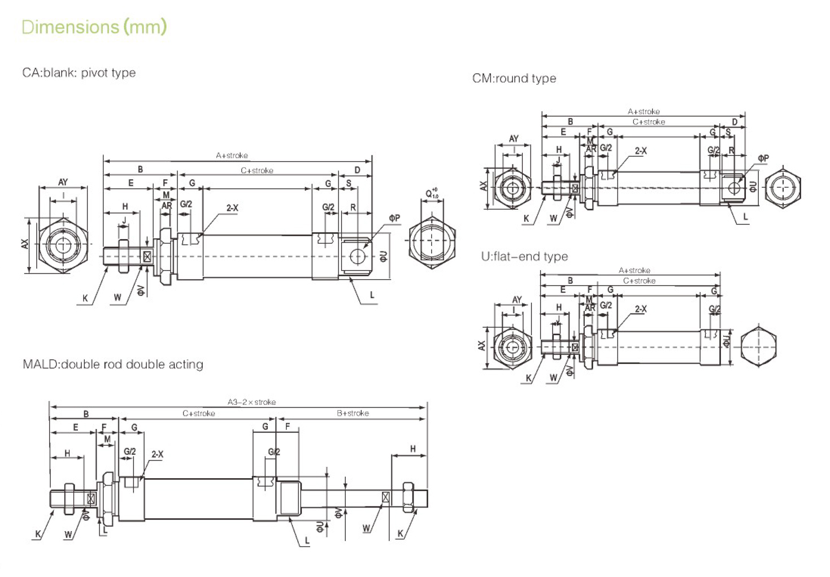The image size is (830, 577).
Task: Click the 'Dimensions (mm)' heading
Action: point(94,27)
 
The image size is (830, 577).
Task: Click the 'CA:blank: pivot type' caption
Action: point(79,73)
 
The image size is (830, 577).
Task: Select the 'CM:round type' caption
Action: point(514,79)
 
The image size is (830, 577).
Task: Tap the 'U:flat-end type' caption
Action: point(524,257)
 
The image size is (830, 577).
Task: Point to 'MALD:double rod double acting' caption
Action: point(112,365)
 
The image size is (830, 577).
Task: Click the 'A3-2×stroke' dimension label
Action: point(251,402)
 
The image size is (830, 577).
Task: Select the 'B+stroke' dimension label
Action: point(353,413)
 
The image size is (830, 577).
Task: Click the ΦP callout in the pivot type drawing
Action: point(394,218)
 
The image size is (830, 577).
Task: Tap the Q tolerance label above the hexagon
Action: point(432,194)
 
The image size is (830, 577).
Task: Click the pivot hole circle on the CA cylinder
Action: point(357,256)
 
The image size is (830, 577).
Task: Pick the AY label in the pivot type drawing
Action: point(63,182)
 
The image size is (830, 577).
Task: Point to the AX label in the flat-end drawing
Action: point(481,345)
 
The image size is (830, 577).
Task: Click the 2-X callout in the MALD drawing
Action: point(157,454)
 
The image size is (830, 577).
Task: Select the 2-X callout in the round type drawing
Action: point(641,151)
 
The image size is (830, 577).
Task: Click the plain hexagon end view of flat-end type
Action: point(758,346)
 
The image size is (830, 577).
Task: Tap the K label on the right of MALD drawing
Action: point(400,533)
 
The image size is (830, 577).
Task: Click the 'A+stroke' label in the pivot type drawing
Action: point(232,155)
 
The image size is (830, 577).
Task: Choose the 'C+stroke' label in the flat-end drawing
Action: point(639,281)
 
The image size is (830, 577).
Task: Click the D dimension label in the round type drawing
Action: point(735,122)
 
